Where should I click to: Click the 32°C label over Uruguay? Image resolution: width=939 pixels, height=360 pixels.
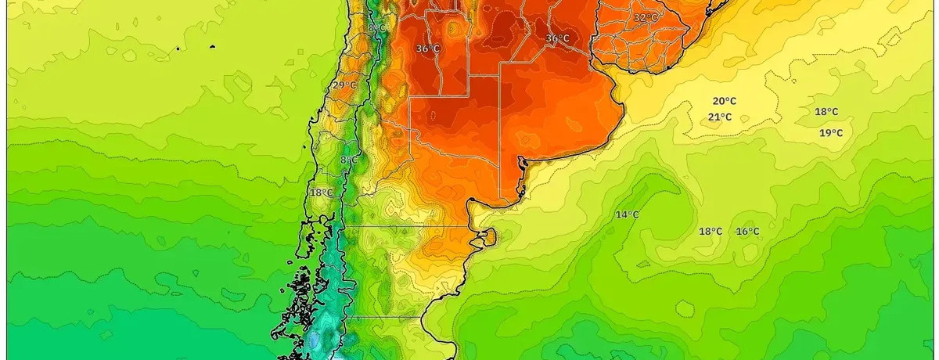coord(646,17)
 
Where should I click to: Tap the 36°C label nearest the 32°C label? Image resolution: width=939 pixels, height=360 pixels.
coord(557,38)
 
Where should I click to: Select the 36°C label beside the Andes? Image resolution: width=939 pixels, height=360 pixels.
coord(427,49)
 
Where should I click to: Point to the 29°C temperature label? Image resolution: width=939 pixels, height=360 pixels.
coord(344,85)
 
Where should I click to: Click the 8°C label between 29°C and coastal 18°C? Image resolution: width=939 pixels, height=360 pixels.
coord(349,160)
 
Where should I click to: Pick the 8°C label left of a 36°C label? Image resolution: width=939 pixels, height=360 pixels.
coord(376,28)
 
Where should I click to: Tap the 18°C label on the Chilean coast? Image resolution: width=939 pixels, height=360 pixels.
coord(321,193)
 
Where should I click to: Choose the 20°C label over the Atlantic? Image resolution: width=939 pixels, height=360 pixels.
coord(724,101)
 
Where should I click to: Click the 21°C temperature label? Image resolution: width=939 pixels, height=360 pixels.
coord(720,117)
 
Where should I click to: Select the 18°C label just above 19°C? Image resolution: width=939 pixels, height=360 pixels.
coord(826,112)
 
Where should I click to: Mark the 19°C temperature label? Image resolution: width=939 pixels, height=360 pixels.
coord(831,133)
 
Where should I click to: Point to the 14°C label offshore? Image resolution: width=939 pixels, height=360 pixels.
coord(627,215)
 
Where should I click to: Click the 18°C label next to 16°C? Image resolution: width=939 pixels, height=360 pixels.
coord(711,232)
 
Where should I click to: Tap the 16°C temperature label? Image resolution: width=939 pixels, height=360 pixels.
coord(747,232)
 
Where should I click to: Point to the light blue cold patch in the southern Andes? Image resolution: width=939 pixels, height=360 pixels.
coord(315,340)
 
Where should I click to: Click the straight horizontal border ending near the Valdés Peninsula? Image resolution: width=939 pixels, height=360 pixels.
coord(407,226)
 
